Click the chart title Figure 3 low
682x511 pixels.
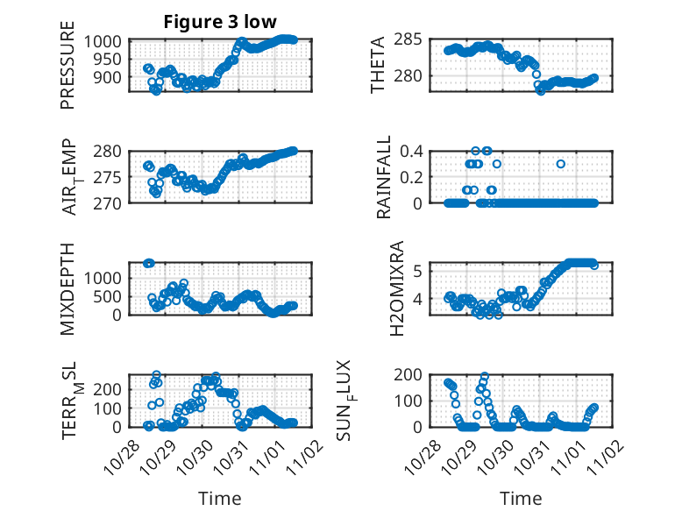tap(221, 22)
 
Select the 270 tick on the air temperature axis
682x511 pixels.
tap(112, 202)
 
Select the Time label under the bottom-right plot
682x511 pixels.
tap(522, 499)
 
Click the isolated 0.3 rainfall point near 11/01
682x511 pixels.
tap(561, 164)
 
